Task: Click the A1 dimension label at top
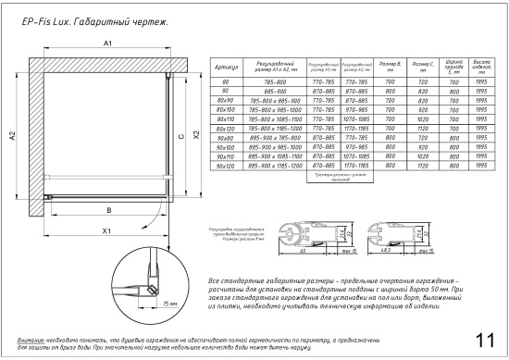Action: click(x=107, y=44)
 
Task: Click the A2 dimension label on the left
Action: click(x=12, y=137)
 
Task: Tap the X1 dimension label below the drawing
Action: click(x=107, y=230)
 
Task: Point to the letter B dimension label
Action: click(x=108, y=209)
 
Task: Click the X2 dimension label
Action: click(x=195, y=135)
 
